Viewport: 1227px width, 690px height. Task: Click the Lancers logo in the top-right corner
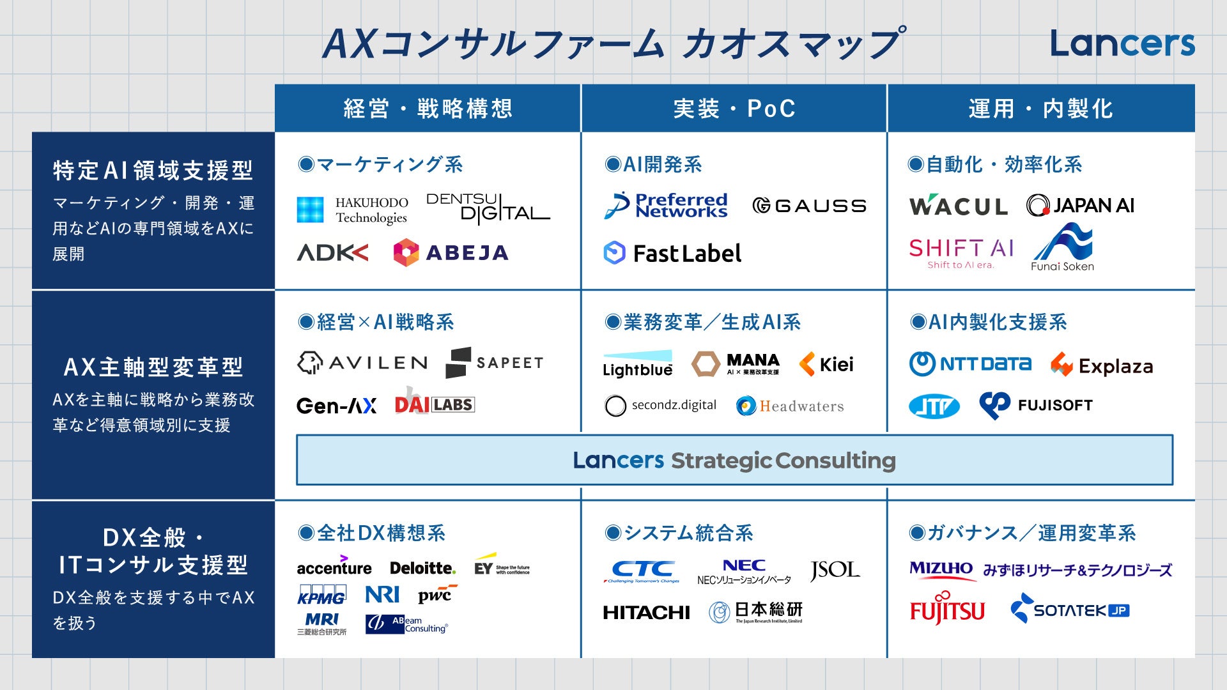[1122, 43]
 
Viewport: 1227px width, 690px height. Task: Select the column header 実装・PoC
[734, 109]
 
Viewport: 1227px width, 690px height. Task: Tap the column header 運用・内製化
[1040, 109]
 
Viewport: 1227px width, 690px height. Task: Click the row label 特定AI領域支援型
[153, 171]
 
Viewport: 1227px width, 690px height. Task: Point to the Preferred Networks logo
[666, 206]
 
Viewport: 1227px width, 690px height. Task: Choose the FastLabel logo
[672, 253]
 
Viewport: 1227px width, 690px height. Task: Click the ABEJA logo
[451, 253]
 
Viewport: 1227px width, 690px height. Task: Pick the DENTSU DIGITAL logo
[488, 208]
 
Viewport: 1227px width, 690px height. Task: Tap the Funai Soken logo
[1062, 248]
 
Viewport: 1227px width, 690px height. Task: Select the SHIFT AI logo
[961, 253]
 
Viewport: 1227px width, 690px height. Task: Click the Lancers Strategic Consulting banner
[734, 460]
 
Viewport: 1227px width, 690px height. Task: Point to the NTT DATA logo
[970, 364]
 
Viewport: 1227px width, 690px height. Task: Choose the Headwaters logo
[790, 406]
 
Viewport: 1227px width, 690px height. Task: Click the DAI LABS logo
[434, 403]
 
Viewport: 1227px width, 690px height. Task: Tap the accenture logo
[334, 567]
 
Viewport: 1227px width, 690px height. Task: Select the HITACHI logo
[646, 613]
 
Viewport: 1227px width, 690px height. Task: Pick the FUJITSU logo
[947, 610]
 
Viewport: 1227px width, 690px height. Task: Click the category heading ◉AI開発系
[653, 165]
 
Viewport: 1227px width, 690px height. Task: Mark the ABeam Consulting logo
[406, 624]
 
